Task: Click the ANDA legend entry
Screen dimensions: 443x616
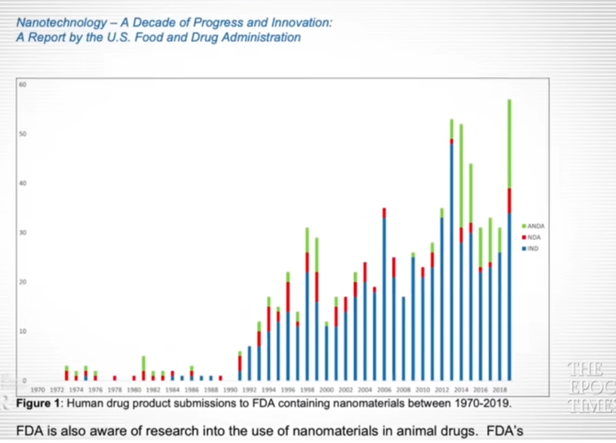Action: (534, 227)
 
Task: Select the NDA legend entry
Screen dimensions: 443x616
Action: (534, 237)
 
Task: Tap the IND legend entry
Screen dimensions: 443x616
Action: (533, 248)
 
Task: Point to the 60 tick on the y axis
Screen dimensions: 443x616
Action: (23, 84)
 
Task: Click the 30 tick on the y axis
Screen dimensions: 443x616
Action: (23, 233)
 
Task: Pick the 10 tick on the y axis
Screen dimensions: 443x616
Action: (23, 331)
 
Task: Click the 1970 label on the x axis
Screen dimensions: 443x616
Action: (38, 390)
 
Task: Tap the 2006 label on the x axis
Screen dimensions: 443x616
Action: (384, 390)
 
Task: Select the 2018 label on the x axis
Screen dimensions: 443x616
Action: (499, 390)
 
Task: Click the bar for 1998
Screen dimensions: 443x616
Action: (307, 306)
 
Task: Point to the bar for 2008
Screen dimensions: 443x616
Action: (403, 339)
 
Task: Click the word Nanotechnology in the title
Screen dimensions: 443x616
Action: (61, 23)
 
